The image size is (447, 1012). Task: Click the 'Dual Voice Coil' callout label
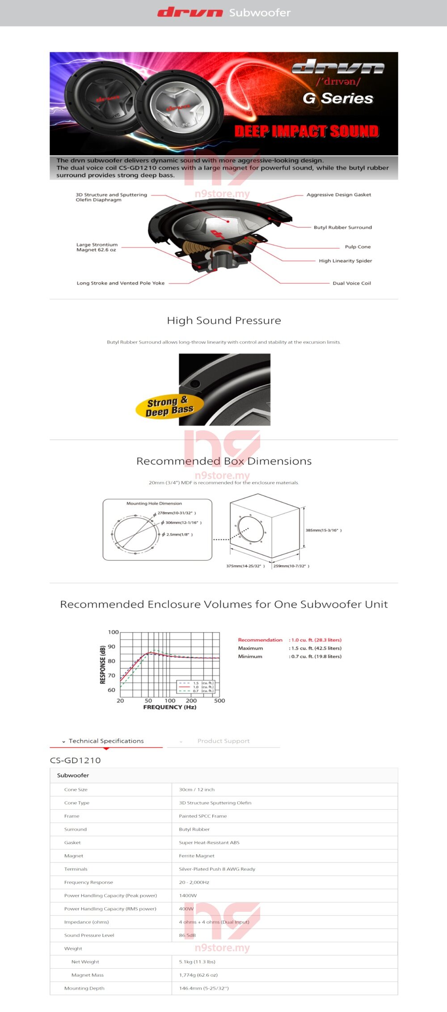[352, 283]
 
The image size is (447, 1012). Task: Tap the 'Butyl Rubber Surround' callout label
[342, 227]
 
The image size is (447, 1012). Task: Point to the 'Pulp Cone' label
[358, 247]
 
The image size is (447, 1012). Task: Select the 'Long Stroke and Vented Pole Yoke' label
[120, 283]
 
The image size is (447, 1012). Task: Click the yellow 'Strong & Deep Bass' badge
[169, 406]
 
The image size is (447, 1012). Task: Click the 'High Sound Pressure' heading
[223, 320]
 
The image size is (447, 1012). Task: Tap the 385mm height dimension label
[323, 530]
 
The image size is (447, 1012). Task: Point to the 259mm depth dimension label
[291, 566]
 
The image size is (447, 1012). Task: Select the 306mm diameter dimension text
[183, 523]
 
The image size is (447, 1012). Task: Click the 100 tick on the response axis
[113, 632]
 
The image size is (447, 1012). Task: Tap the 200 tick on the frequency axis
[191, 701]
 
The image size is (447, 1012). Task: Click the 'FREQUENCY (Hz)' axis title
[169, 707]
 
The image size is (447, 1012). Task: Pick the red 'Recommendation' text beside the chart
[260, 640]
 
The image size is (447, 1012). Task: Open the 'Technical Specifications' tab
[106, 741]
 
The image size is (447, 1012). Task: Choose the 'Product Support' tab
[223, 741]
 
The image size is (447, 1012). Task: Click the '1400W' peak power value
[188, 895]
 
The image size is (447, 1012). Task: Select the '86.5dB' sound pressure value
[187, 935]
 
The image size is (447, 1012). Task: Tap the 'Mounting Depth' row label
[84, 988]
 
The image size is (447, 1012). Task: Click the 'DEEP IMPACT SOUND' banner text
[307, 131]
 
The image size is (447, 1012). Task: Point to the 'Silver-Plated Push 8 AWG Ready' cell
[217, 869]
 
